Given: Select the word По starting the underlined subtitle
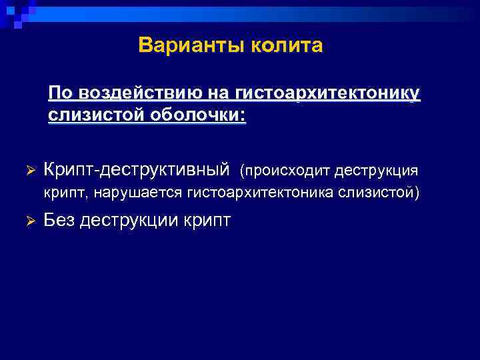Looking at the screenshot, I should [x=58, y=93].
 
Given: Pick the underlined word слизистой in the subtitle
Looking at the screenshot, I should [x=88, y=115].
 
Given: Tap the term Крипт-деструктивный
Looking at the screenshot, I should [x=136, y=171].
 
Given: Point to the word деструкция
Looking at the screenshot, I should [x=377, y=171].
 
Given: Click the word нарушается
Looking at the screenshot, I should [x=139, y=193].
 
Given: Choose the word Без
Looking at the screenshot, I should [x=59, y=220].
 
